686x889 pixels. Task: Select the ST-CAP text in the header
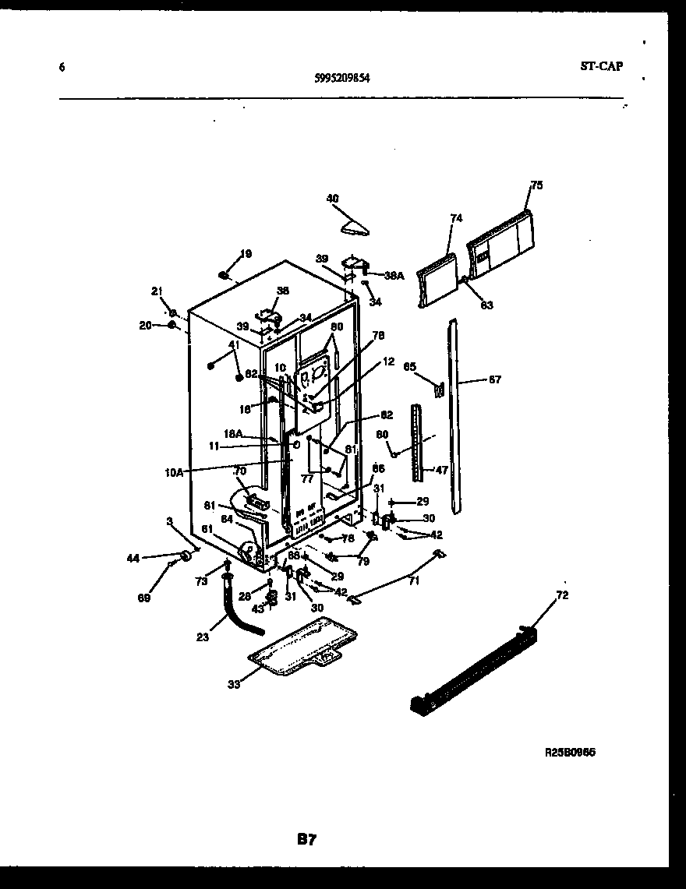(x=601, y=66)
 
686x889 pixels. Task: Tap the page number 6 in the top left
(x=62, y=67)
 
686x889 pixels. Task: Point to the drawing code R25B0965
(x=575, y=753)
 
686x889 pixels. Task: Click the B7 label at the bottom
(x=306, y=839)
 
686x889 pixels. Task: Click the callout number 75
(x=536, y=185)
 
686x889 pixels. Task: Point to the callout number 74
(x=456, y=218)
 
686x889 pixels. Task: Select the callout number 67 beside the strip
(x=495, y=380)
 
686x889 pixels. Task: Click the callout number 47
(x=441, y=470)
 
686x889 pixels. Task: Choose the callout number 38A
(x=394, y=275)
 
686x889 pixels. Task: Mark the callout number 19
(x=246, y=253)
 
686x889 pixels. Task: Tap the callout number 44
(x=133, y=557)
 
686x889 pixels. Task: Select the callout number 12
(x=388, y=362)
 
